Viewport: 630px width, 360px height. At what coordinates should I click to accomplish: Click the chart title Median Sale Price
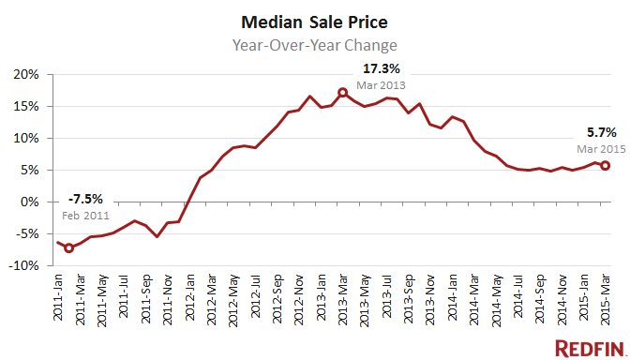(x=314, y=21)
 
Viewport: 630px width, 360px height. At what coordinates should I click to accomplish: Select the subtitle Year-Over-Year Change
(x=314, y=44)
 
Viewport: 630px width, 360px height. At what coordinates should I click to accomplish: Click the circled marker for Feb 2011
(x=68, y=248)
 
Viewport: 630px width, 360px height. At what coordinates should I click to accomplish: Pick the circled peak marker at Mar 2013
(x=342, y=92)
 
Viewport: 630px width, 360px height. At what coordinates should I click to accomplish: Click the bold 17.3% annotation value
(x=382, y=68)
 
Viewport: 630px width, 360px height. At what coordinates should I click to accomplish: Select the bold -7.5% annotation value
(x=85, y=199)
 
